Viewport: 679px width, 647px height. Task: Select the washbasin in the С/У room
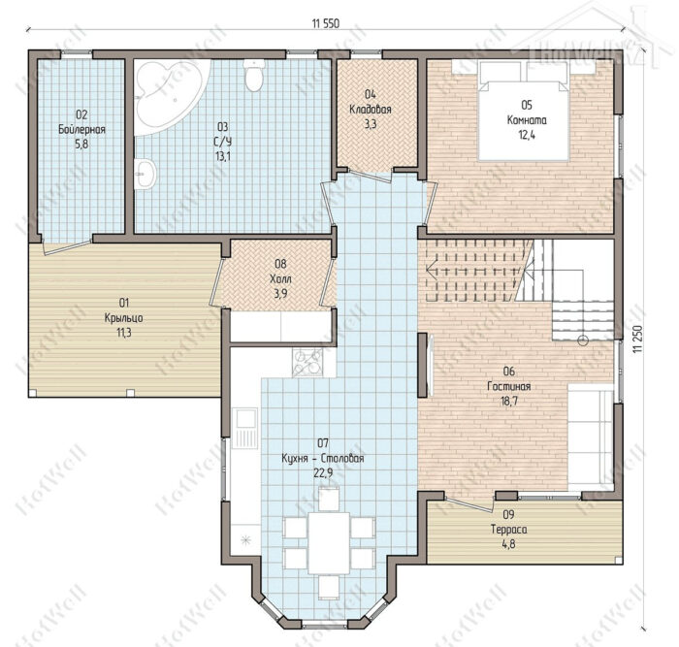pos(145,174)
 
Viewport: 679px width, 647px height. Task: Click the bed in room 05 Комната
pos(523,112)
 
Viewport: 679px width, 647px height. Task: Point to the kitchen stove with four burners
pos(307,363)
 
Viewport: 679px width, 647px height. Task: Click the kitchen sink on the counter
pos(245,429)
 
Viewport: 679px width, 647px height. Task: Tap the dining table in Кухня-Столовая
pos(329,542)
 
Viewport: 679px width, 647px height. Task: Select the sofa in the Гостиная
pos(591,437)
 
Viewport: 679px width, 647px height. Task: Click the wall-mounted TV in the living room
pos(430,365)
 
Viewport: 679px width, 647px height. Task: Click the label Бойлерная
pos(81,129)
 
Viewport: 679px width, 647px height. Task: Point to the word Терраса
pos(509,530)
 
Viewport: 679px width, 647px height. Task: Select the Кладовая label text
pos(371,110)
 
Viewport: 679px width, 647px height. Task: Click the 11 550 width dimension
pos(325,24)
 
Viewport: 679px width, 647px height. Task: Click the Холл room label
pos(280,278)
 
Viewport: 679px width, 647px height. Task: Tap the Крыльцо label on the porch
pos(124,318)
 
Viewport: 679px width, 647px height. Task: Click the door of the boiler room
pos(67,246)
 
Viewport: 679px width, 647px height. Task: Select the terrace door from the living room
pos(469,505)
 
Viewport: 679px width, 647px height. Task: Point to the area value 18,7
pos(509,401)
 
